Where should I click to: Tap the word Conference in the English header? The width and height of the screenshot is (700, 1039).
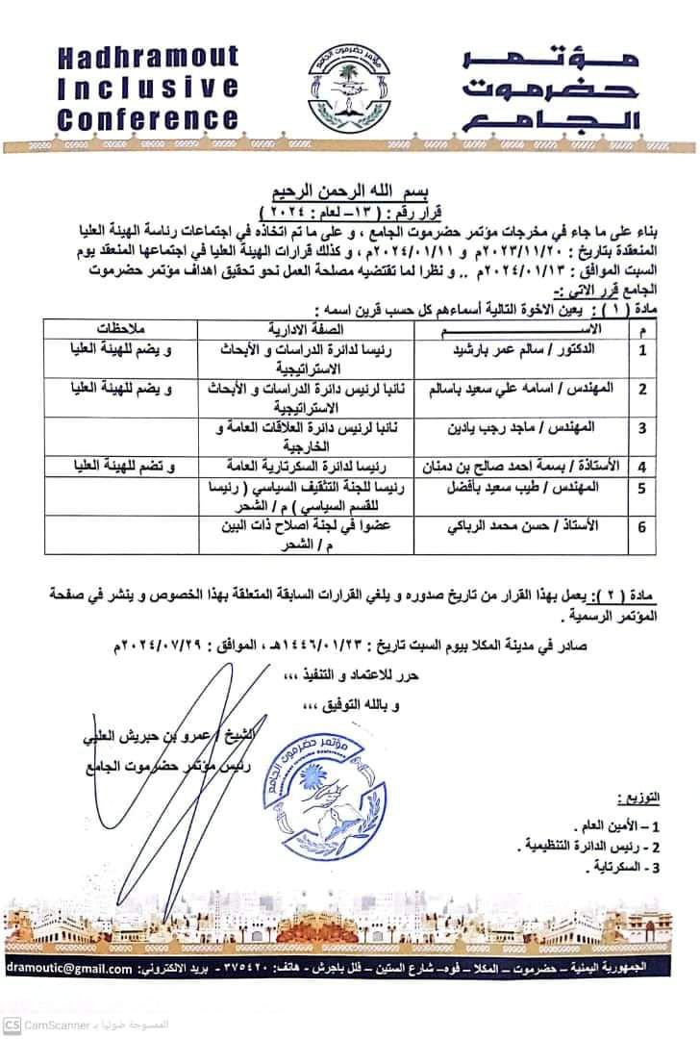(146, 120)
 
